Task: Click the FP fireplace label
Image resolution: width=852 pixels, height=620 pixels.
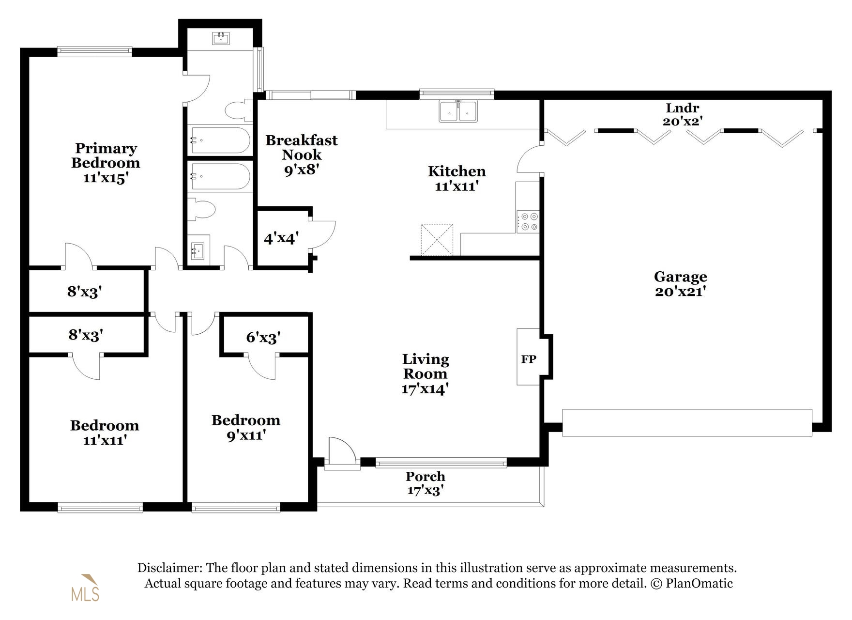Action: pyautogui.click(x=528, y=359)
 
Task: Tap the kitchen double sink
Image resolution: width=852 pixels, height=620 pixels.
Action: pyautogui.click(x=458, y=111)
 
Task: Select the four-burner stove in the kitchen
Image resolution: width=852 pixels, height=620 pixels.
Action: pyautogui.click(x=528, y=221)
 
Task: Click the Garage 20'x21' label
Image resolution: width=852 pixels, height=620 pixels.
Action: pyautogui.click(x=680, y=284)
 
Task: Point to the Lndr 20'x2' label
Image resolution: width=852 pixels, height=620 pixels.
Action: pyautogui.click(x=682, y=114)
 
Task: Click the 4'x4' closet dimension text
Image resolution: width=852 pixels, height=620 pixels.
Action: pyautogui.click(x=281, y=238)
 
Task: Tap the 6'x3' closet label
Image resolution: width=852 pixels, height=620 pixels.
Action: pyautogui.click(x=263, y=337)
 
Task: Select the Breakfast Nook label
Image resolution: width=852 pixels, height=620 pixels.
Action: pyautogui.click(x=302, y=154)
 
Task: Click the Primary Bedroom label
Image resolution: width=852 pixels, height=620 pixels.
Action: pyautogui.click(x=106, y=162)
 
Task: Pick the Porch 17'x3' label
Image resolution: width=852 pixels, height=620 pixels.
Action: pyautogui.click(x=425, y=483)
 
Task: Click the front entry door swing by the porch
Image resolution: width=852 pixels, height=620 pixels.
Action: pyautogui.click(x=341, y=450)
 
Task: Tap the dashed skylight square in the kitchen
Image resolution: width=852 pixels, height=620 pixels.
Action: pyautogui.click(x=437, y=239)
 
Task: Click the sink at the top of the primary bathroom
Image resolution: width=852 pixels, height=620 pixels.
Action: pyautogui.click(x=221, y=38)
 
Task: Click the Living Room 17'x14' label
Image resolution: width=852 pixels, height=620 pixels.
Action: pyautogui.click(x=425, y=373)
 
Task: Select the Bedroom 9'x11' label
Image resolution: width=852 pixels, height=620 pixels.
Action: pyautogui.click(x=246, y=427)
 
